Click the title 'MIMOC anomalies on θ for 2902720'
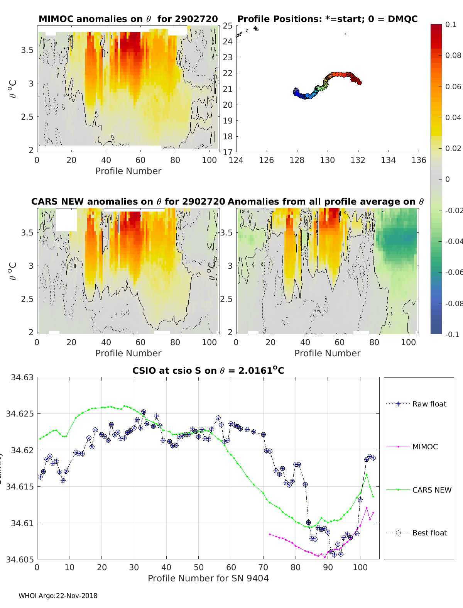pyautogui.click(x=128, y=19)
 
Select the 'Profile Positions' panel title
pyautogui.click(x=327, y=19)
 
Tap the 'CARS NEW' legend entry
pyautogui.click(x=431, y=490)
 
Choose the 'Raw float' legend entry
pyautogui.click(x=429, y=404)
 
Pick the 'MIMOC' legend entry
pyautogui.click(x=425, y=447)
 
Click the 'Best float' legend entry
pyautogui.click(x=429, y=533)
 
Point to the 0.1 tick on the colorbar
pyautogui.click(x=451, y=24)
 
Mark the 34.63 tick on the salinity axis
pyautogui.click(x=22, y=377)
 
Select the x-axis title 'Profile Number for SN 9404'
pyautogui.click(x=208, y=578)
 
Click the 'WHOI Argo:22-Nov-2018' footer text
pyautogui.click(x=58, y=596)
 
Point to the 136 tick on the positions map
pyautogui.click(x=419, y=160)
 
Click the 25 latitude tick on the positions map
pyautogui.click(x=228, y=25)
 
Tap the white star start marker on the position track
pyautogui.click(x=296, y=90)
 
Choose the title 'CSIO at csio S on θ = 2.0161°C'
pyautogui.click(x=208, y=371)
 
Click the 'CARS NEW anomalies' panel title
pyautogui.click(x=128, y=202)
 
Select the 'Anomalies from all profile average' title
pyautogui.click(x=326, y=202)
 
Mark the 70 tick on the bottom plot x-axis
pyautogui.click(x=263, y=567)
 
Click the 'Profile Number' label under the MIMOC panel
pyautogui.click(x=128, y=171)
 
